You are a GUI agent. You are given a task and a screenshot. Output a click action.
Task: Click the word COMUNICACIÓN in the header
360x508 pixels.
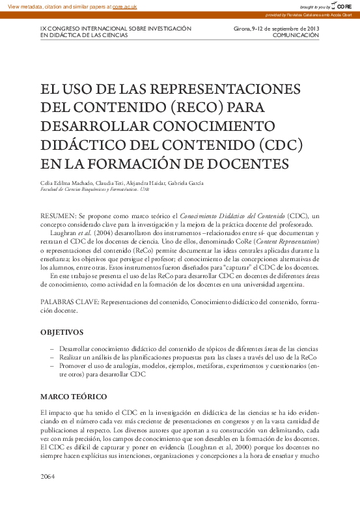(296, 35)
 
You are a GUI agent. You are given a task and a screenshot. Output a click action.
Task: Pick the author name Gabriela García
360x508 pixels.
(186, 183)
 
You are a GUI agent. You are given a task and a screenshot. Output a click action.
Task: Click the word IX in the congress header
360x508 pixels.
(43, 29)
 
